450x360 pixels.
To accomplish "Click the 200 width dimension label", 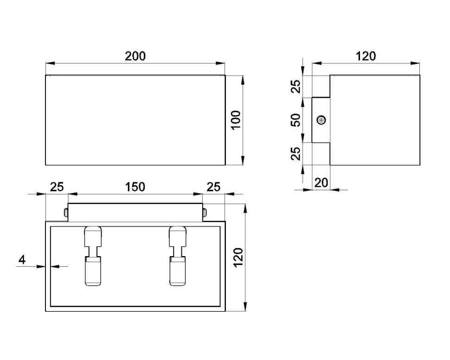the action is (x=135, y=56).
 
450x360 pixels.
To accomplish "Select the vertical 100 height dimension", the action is (x=236, y=120).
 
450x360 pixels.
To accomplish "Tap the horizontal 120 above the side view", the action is (x=366, y=56).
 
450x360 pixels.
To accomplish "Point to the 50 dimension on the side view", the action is (x=296, y=120).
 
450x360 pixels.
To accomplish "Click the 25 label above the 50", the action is (x=296, y=86).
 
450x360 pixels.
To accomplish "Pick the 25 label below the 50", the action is (x=296, y=154).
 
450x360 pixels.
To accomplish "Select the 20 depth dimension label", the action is (x=321, y=183).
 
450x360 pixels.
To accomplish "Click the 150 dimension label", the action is (x=135, y=187).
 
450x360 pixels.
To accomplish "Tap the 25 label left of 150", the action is (x=57, y=187).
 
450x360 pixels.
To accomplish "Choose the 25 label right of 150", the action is (x=213, y=187).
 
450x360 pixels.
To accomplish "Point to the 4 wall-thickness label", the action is (x=22, y=260).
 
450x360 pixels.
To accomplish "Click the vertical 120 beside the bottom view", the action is (x=238, y=257).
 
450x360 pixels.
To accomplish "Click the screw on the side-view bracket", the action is (x=321, y=120).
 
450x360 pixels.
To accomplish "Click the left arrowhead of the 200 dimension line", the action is (x=50, y=63).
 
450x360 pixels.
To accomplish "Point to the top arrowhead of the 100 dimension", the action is (x=243, y=80).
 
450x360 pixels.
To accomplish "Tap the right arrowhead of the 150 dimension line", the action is (x=198, y=194).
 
